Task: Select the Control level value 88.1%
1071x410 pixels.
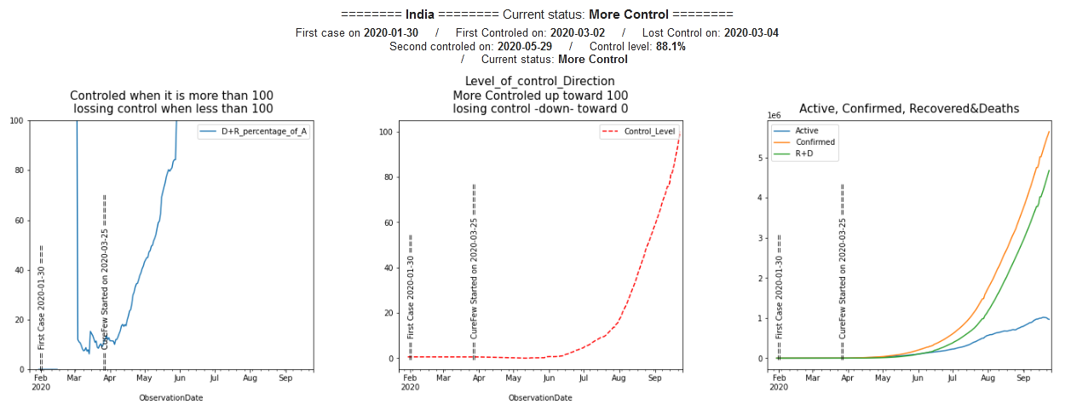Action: (671, 46)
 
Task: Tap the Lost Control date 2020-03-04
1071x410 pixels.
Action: (751, 33)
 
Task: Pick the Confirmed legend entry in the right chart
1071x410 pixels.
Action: (815, 142)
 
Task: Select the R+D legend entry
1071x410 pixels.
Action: (807, 153)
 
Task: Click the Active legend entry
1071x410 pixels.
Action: (806, 130)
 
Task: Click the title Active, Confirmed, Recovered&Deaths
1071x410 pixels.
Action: (909, 108)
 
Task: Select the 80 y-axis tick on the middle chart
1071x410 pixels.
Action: (392, 177)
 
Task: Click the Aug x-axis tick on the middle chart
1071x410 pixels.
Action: (619, 377)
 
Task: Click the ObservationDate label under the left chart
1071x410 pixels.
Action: (171, 397)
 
